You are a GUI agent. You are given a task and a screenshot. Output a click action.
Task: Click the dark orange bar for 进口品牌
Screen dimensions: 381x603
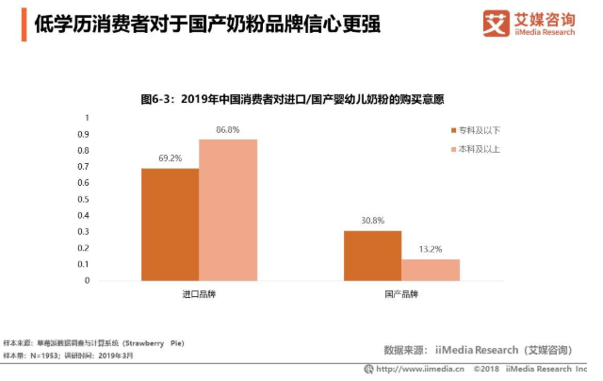tap(170, 224)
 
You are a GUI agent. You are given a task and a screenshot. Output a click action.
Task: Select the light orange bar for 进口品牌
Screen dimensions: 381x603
tap(227, 209)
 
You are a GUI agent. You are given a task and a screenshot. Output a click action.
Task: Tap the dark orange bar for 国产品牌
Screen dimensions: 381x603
tap(372, 256)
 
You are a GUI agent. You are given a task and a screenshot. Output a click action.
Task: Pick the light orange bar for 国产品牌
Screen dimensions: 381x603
tap(431, 270)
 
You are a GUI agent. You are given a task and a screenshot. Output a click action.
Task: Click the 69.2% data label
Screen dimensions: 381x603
tap(170, 158)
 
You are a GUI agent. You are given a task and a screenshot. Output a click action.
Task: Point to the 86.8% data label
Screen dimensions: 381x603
tap(227, 129)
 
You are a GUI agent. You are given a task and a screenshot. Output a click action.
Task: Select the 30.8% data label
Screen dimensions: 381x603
tap(372, 221)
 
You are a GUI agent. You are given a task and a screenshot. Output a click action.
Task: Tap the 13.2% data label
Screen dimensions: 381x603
tap(431, 249)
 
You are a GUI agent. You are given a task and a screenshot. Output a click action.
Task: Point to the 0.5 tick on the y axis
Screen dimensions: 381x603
tap(84, 199)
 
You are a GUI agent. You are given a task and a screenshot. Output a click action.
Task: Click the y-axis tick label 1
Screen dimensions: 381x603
tap(87, 118)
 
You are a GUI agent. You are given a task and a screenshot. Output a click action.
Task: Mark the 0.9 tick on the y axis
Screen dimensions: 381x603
tap(84, 134)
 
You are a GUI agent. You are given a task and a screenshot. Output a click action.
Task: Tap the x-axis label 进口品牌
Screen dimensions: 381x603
tap(199, 294)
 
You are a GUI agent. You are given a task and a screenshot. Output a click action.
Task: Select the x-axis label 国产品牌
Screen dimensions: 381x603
tap(401, 294)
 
